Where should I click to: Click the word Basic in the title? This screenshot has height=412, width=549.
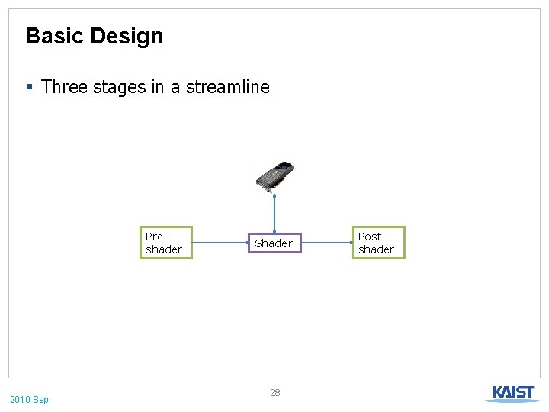click(x=54, y=36)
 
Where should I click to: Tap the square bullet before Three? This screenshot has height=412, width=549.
click(x=29, y=87)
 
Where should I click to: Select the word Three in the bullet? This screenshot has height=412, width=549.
click(x=64, y=87)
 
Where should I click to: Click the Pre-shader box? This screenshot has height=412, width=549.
click(x=165, y=243)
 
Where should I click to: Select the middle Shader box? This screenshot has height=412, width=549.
click(x=274, y=243)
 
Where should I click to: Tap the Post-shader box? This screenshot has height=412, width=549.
click(x=377, y=243)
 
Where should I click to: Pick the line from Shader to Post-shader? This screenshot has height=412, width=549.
click(x=326, y=243)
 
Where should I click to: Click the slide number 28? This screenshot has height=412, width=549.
click(x=275, y=392)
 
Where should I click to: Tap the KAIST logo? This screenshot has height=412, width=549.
click(x=513, y=393)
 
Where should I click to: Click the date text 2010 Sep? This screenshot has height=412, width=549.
click(x=30, y=399)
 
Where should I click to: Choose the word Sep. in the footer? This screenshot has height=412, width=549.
click(x=43, y=399)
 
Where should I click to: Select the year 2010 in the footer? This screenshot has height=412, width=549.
click(x=21, y=399)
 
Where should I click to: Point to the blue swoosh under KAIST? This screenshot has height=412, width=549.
click(x=512, y=400)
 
